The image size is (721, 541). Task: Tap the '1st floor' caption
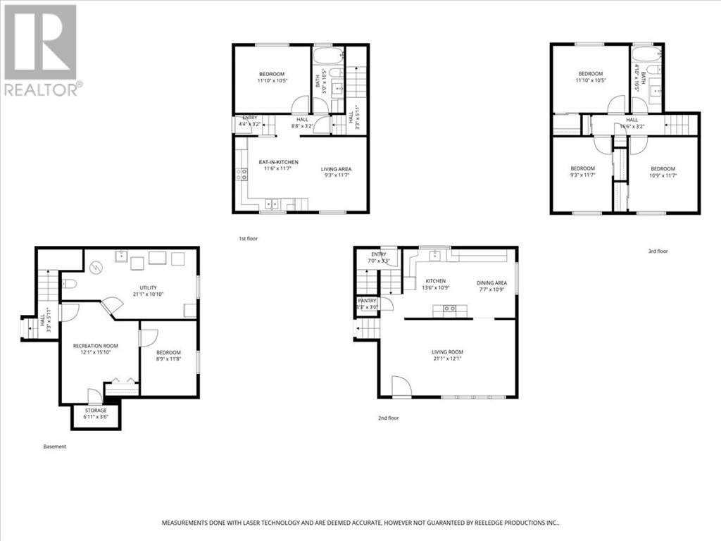248,239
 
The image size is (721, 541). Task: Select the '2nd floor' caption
388,418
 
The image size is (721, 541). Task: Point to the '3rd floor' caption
658,251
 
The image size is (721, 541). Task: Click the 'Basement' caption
54,446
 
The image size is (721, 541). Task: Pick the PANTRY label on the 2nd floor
368,301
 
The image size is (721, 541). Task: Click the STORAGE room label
96,410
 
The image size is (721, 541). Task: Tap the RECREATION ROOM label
96,346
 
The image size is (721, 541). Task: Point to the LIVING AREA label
336,169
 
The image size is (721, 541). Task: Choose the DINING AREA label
491,282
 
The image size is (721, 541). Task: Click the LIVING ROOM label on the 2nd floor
447,352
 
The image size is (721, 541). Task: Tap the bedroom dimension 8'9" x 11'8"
168,359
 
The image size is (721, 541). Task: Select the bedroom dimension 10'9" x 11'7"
663,175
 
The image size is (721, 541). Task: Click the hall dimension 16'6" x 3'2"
632,128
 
